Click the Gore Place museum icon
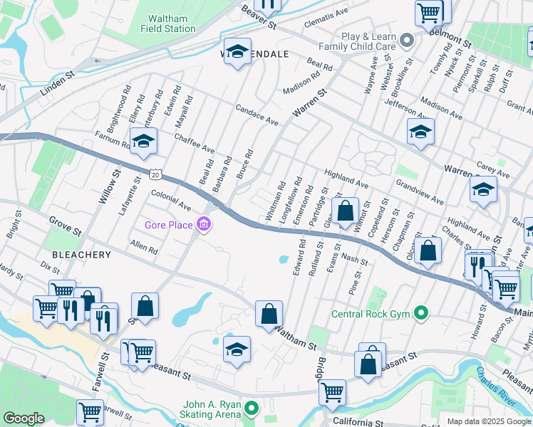pos(205,225)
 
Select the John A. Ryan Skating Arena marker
pos(250,408)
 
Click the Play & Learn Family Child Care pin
pos(406,41)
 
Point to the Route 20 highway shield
pos(156,174)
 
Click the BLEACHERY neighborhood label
pos(81,254)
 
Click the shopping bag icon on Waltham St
pos(269,314)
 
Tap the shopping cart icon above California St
pos(332,391)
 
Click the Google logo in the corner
pos(24,418)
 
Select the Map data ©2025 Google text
pos(489,421)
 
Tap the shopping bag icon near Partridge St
pos(346,211)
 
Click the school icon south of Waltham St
pos(237,349)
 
